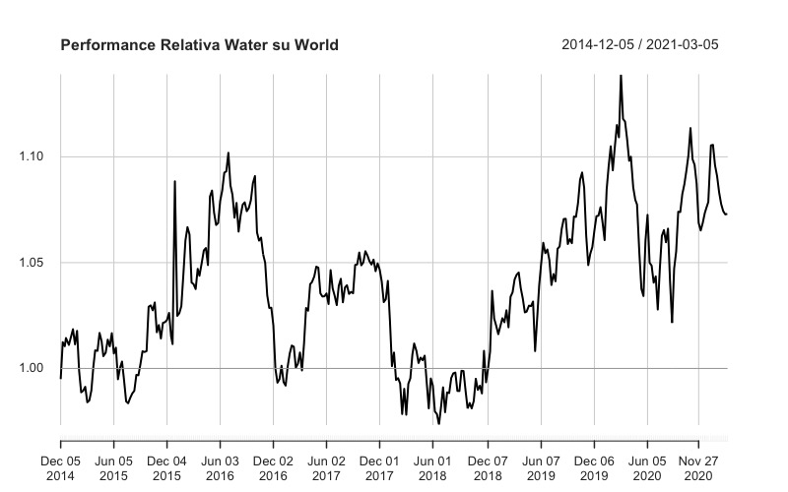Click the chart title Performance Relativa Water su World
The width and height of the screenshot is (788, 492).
(x=200, y=45)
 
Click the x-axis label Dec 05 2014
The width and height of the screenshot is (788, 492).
(x=61, y=466)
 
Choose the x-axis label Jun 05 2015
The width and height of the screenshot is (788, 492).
(x=114, y=466)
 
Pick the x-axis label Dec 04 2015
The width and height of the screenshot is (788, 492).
(x=166, y=466)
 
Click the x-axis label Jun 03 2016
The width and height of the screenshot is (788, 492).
(x=220, y=466)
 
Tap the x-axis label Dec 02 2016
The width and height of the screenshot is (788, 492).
(x=273, y=466)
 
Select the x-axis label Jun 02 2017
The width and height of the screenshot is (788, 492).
(x=326, y=466)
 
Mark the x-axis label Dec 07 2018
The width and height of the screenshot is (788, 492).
(x=487, y=466)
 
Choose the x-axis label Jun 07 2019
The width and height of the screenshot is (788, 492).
(x=540, y=466)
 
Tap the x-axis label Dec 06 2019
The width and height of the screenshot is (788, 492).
(x=593, y=466)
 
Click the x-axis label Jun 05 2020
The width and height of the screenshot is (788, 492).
(x=646, y=466)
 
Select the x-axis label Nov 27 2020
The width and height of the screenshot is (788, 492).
(x=697, y=466)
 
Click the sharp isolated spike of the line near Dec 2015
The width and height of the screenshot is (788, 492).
(x=175, y=182)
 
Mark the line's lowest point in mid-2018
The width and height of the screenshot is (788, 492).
(x=438, y=422)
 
